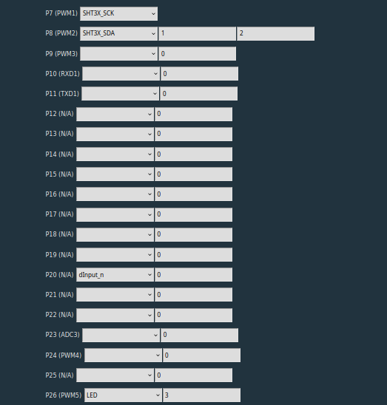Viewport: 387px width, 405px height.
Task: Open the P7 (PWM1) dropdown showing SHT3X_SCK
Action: [x=118, y=14]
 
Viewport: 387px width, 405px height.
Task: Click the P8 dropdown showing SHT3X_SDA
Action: [x=118, y=33]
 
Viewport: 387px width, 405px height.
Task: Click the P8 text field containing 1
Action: [x=197, y=33]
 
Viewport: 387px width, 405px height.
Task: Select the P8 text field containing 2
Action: [x=276, y=33]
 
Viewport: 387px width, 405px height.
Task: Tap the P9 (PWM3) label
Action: [x=61, y=54]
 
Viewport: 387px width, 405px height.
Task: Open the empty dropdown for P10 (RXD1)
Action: [x=121, y=74]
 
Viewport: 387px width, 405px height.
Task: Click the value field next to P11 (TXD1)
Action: [x=198, y=94]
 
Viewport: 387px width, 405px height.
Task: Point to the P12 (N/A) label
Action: [x=59, y=114]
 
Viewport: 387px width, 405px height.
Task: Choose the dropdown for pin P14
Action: [x=115, y=154]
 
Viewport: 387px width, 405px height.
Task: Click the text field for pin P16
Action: [x=194, y=194]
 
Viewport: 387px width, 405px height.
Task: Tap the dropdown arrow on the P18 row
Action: [x=149, y=234]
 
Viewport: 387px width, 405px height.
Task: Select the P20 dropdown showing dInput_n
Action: [x=115, y=275]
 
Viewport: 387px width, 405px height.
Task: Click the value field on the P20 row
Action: [x=194, y=275]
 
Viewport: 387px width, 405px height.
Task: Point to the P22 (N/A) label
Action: [x=59, y=315]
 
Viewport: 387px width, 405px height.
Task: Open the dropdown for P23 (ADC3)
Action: [x=121, y=335]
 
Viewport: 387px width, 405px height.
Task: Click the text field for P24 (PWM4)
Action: [x=201, y=355]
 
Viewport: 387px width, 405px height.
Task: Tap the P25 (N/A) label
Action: [x=59, y=375]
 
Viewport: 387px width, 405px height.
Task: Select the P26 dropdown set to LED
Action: [x=123, y=395]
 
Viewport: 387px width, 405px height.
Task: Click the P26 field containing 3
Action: [x=201, y=395]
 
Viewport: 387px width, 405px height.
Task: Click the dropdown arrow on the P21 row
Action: [x=149, y=295]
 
